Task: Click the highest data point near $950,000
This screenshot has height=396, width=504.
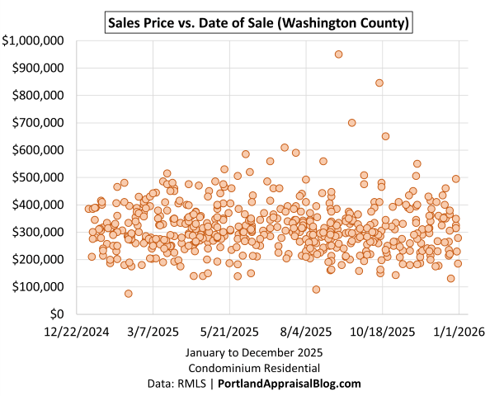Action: (x=338, y=54)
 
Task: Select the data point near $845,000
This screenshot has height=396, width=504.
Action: (x=379, y=82)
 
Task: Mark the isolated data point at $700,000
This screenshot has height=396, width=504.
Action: (x=352, y=123)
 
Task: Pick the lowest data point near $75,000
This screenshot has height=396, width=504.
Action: (x=129, y=294)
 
